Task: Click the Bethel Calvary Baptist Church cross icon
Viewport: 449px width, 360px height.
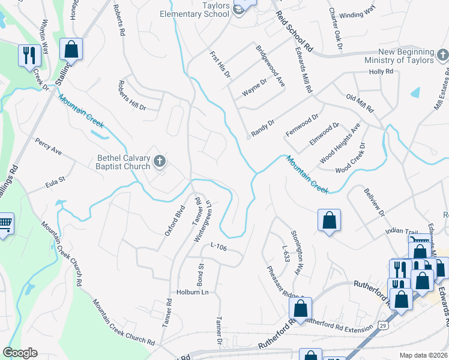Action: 159,160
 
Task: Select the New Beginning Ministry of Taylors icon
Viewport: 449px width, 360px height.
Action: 443,56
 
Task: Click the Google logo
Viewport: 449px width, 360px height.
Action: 20,353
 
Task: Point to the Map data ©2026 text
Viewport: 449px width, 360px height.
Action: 423,355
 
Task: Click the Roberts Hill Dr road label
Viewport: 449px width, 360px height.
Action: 132,95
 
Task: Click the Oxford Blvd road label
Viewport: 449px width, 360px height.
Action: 175,220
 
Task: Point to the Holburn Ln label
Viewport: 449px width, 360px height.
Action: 191,293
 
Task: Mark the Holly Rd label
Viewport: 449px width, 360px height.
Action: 381,71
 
